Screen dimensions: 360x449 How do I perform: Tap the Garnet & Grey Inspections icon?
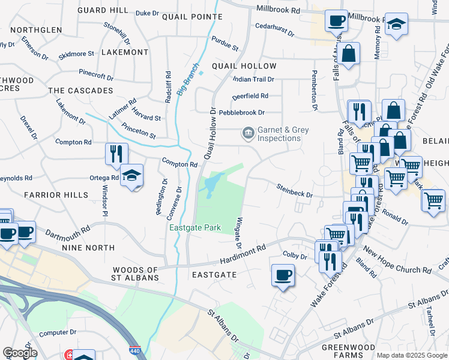click(247, 134)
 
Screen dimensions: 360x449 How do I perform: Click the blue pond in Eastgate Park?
click(212, 185)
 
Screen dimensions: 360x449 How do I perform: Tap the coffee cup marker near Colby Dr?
click(283, 275)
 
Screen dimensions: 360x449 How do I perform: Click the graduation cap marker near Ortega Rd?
click(131, 175)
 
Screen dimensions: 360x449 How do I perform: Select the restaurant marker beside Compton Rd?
click(116, 154)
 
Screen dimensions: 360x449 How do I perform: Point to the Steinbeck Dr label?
click(294, 190)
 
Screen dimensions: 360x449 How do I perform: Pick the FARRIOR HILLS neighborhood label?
click(51, 195)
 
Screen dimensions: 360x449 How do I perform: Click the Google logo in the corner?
click(19, 352)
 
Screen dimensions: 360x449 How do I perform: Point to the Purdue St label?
click(224, 43)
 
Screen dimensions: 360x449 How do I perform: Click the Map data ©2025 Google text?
click(411, 355)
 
